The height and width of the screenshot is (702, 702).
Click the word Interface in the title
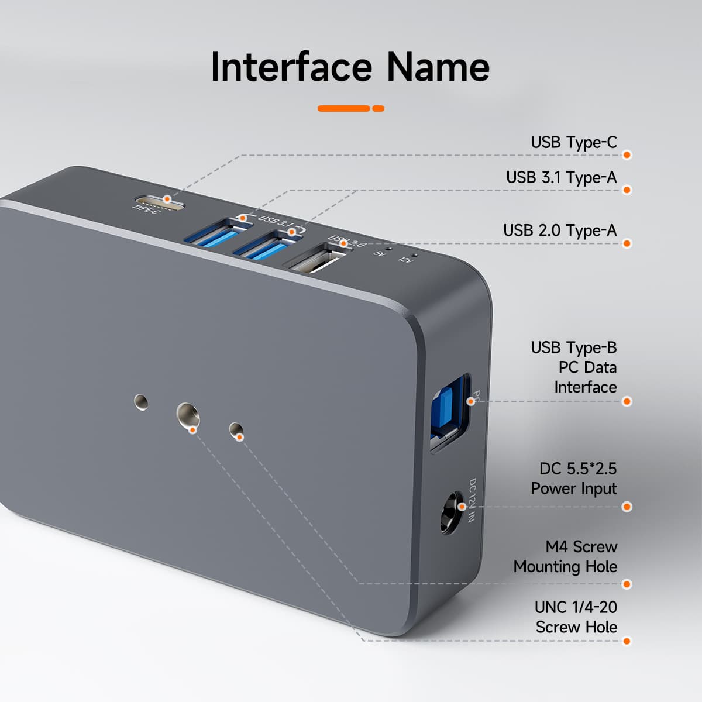click(291, 67)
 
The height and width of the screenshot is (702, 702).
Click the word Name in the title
click(438, 67)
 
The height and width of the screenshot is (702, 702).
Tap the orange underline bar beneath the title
click(350, 108)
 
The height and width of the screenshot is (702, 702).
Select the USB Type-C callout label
click(573, 142)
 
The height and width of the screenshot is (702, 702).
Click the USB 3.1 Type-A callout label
click(561, 177)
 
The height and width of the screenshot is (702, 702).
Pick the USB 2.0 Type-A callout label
click(560, 230)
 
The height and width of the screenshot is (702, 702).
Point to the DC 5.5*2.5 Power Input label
click(574, 479)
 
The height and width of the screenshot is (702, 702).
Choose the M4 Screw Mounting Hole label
click(566, 556)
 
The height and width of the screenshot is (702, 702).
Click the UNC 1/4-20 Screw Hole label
click(576, 617)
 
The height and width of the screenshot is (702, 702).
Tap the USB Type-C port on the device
click(160, 200)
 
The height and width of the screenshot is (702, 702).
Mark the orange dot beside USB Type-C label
click(627, 155)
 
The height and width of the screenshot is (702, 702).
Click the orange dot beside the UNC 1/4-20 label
click(627, 641)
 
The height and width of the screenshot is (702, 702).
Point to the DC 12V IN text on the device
click(472, 500)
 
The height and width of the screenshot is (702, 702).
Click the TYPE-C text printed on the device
click(146, 209)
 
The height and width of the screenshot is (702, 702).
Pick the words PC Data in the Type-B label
click(587, 367)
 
